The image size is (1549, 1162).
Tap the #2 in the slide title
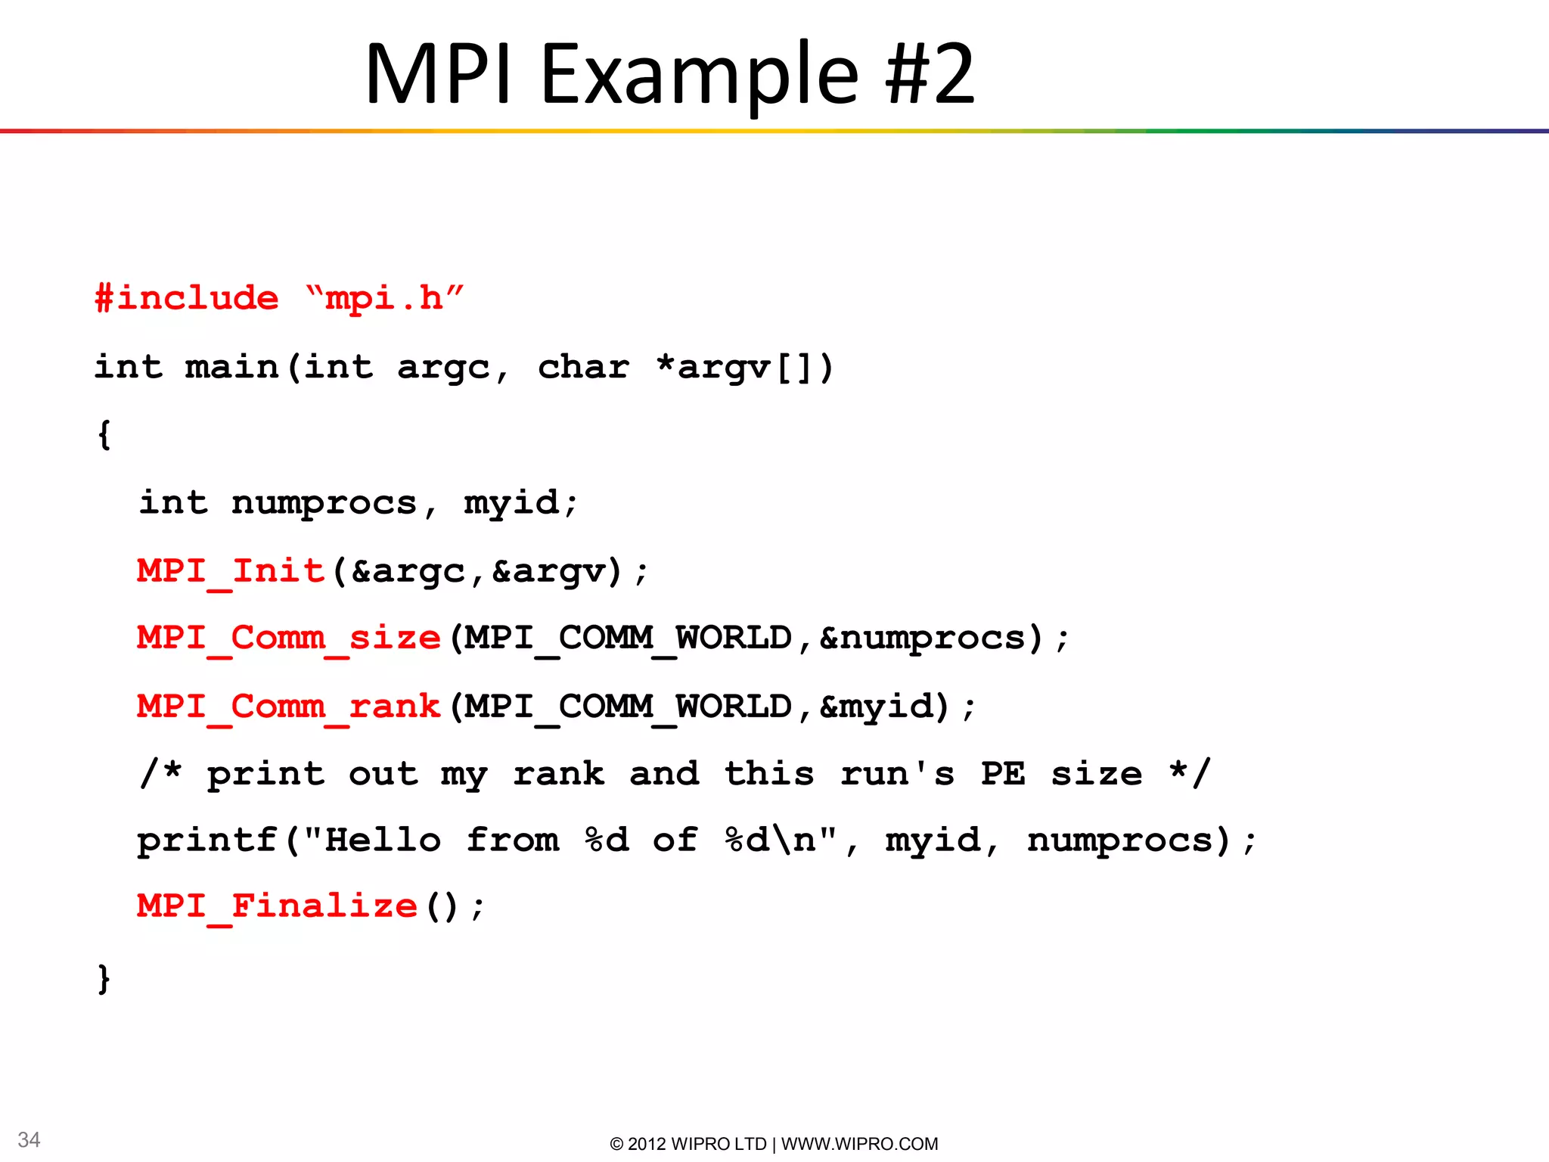[x=930, y=74]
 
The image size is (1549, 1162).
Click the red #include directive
[x=186, y=298]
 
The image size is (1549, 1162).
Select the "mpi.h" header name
[x=384, y=298]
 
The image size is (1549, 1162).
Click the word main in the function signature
[x=232, y=368]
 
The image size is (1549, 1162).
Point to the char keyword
[x=583, y=368]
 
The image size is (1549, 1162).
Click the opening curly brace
[x=104, y=435]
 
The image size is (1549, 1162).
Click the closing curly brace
[x=104, y=978]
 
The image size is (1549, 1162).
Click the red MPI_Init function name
[x=231, y=571]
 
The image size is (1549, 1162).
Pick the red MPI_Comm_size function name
[x=288, y=638]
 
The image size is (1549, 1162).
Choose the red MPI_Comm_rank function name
[x=288, y=707]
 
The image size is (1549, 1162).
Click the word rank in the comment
[x=559, y=774]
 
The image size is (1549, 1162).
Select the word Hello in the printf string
[x=383, y=840]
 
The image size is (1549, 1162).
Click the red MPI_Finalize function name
[x=277, y=906]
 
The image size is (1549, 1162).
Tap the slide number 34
[x=29, y=1140]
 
